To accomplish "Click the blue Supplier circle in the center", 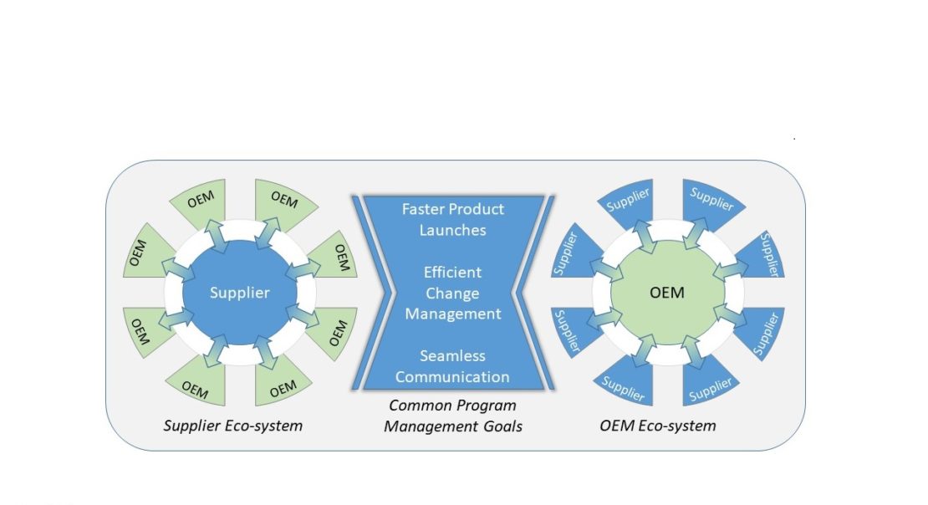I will point(240,293).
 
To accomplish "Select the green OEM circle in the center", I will point(667,293).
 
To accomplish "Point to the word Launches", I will point(451,229).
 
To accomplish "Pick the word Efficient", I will point(452,273).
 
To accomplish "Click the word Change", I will point(452,293).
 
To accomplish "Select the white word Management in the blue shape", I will point(452,314).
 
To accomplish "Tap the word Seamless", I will point(452,355).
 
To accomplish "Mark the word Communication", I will point(452,376).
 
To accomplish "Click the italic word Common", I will point(416,406).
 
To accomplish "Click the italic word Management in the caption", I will point(424,426).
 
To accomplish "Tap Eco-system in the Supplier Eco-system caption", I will point(267,426).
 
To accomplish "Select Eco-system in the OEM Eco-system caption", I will point(677,426).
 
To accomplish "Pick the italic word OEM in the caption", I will point(617,426).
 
